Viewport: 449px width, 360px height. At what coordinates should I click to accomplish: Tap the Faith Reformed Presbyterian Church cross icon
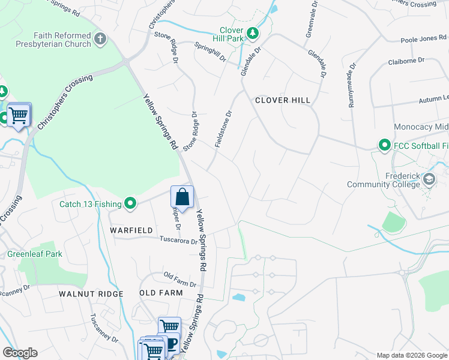(x=100, y=40)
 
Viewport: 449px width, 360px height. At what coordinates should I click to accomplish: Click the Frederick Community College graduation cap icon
(x=429, y=179)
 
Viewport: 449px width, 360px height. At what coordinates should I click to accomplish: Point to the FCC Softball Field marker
(x=384, y=145)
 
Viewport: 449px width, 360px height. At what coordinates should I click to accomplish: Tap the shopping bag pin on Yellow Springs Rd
(x=182, y=197)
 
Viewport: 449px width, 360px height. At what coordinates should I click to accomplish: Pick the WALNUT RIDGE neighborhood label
(x=91, y=294)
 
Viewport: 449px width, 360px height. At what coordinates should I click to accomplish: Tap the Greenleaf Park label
(x=35, y=254)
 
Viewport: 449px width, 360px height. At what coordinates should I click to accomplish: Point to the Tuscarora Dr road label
(x=178, y=241)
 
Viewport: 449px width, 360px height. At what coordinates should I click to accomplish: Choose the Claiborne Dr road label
(x=406, y=61)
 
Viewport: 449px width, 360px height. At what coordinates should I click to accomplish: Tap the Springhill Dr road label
(x=210, y=52)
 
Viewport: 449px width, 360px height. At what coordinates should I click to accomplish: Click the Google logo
(x=20, y=353)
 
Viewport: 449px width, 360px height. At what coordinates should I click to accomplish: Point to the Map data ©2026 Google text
(x=412, y=355)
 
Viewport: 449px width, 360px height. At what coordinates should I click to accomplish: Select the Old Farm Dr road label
(x=180, y=278)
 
